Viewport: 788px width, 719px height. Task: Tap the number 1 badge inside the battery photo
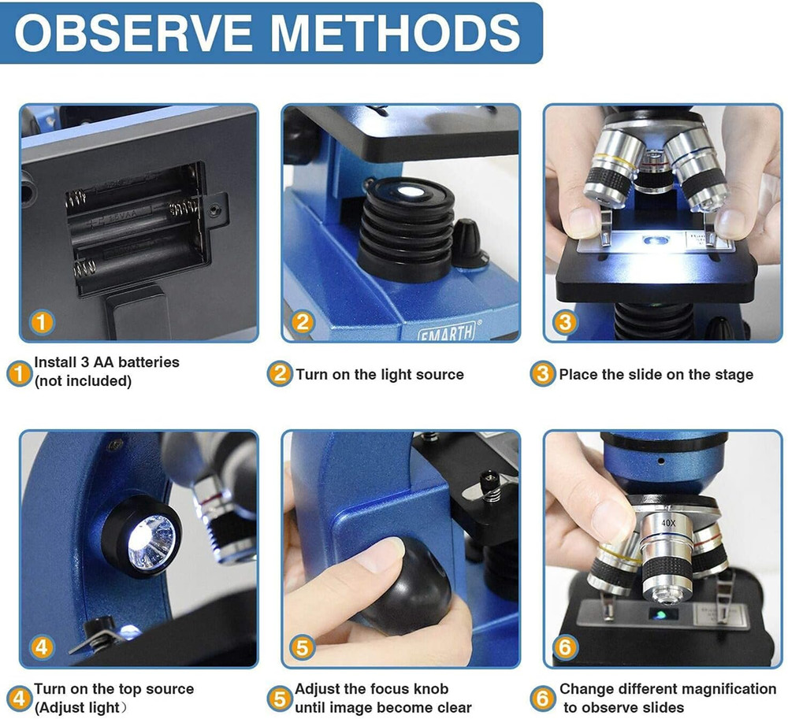(x=43, y=321)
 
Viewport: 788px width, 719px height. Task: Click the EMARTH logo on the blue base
(x=446, y=332)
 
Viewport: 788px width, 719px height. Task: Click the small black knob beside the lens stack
(x=466, y=243)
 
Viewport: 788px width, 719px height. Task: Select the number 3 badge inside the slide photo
(x=565, y=321)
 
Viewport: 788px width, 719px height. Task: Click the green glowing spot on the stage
(x=656, y=612)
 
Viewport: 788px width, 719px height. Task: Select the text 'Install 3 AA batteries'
(x=106, y=363)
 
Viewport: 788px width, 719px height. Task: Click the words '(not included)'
(x=82, y=381)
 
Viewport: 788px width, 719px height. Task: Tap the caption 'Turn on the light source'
(x=380, y=375)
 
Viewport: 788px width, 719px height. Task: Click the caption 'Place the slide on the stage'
(x=656, y=375)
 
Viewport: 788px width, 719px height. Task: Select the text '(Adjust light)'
(x=78, y=707)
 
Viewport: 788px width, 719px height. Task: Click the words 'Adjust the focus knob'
(x=372, y=689)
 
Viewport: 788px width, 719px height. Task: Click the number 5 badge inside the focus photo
(x=303, y=647)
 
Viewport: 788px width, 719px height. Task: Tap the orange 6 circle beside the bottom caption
(x=542, y=698)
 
